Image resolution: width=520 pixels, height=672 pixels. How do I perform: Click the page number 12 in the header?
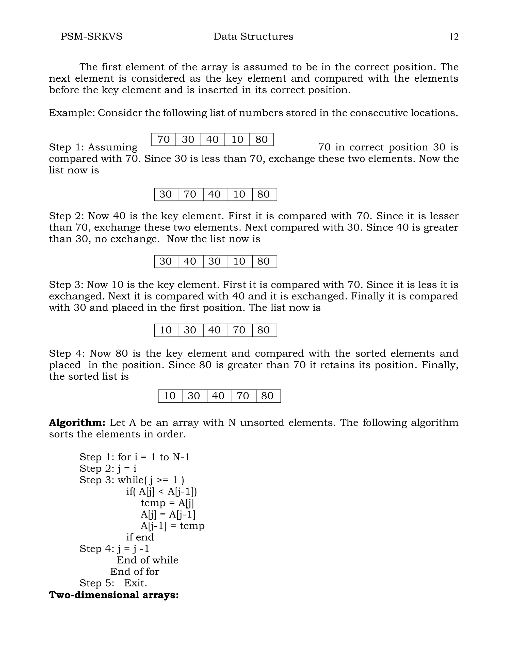pos(454,37)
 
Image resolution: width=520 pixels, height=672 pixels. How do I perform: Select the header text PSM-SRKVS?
pos(91,36)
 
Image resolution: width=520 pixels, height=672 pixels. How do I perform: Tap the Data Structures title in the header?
pos(253,36)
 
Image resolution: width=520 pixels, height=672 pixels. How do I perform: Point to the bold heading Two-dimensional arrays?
pos(114,595)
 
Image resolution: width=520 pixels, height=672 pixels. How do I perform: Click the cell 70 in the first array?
pos(164,139)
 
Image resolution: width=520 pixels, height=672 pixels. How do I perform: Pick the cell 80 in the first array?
pos(261,139)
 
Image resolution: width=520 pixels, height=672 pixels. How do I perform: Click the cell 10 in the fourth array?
pos(166,330)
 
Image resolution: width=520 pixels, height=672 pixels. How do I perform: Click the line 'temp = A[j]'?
pos(167,503)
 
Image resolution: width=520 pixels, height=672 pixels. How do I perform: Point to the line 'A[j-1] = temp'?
pos(172,526)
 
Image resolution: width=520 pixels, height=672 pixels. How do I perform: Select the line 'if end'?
pos(140,537)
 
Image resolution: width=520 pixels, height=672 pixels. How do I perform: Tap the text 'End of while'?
pos(147,560)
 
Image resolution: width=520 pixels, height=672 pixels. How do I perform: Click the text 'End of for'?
pos(135,571)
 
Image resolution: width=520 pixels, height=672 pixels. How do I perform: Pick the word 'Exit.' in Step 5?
pos(136,583)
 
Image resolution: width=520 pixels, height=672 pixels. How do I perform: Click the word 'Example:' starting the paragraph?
pos(72,113)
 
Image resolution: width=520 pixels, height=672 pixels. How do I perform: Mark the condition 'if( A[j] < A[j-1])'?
pos(161,491)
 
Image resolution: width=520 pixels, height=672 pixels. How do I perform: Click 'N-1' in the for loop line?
pos(181,457)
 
